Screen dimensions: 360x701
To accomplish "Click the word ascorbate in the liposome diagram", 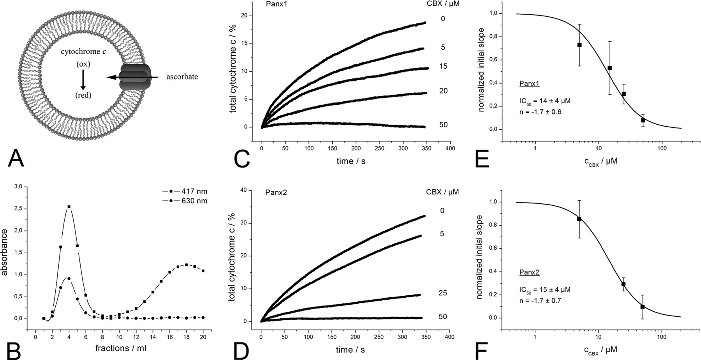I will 182,77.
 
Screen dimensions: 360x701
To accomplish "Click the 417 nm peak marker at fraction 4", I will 69,206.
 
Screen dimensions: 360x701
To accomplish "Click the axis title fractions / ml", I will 121,348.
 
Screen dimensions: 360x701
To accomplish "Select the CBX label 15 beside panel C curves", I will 443,66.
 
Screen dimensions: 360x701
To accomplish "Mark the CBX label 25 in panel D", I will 443,293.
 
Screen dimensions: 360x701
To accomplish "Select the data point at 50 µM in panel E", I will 643,120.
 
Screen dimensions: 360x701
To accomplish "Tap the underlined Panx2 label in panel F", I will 529,272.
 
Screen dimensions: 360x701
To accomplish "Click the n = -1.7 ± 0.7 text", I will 540,301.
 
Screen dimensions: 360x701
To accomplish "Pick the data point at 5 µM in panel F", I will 579,219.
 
